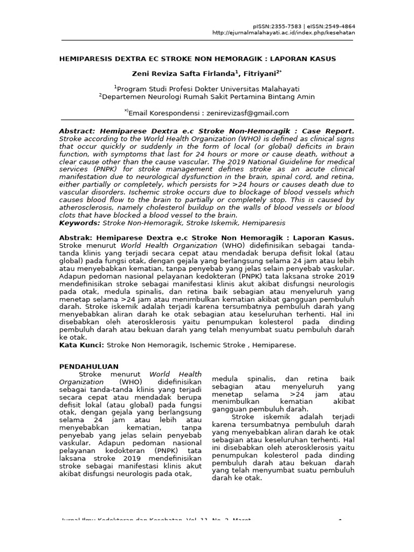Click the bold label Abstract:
point(75,131)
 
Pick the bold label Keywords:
point(79,223)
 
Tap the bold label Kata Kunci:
point(81,344)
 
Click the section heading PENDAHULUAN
point(89,367)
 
